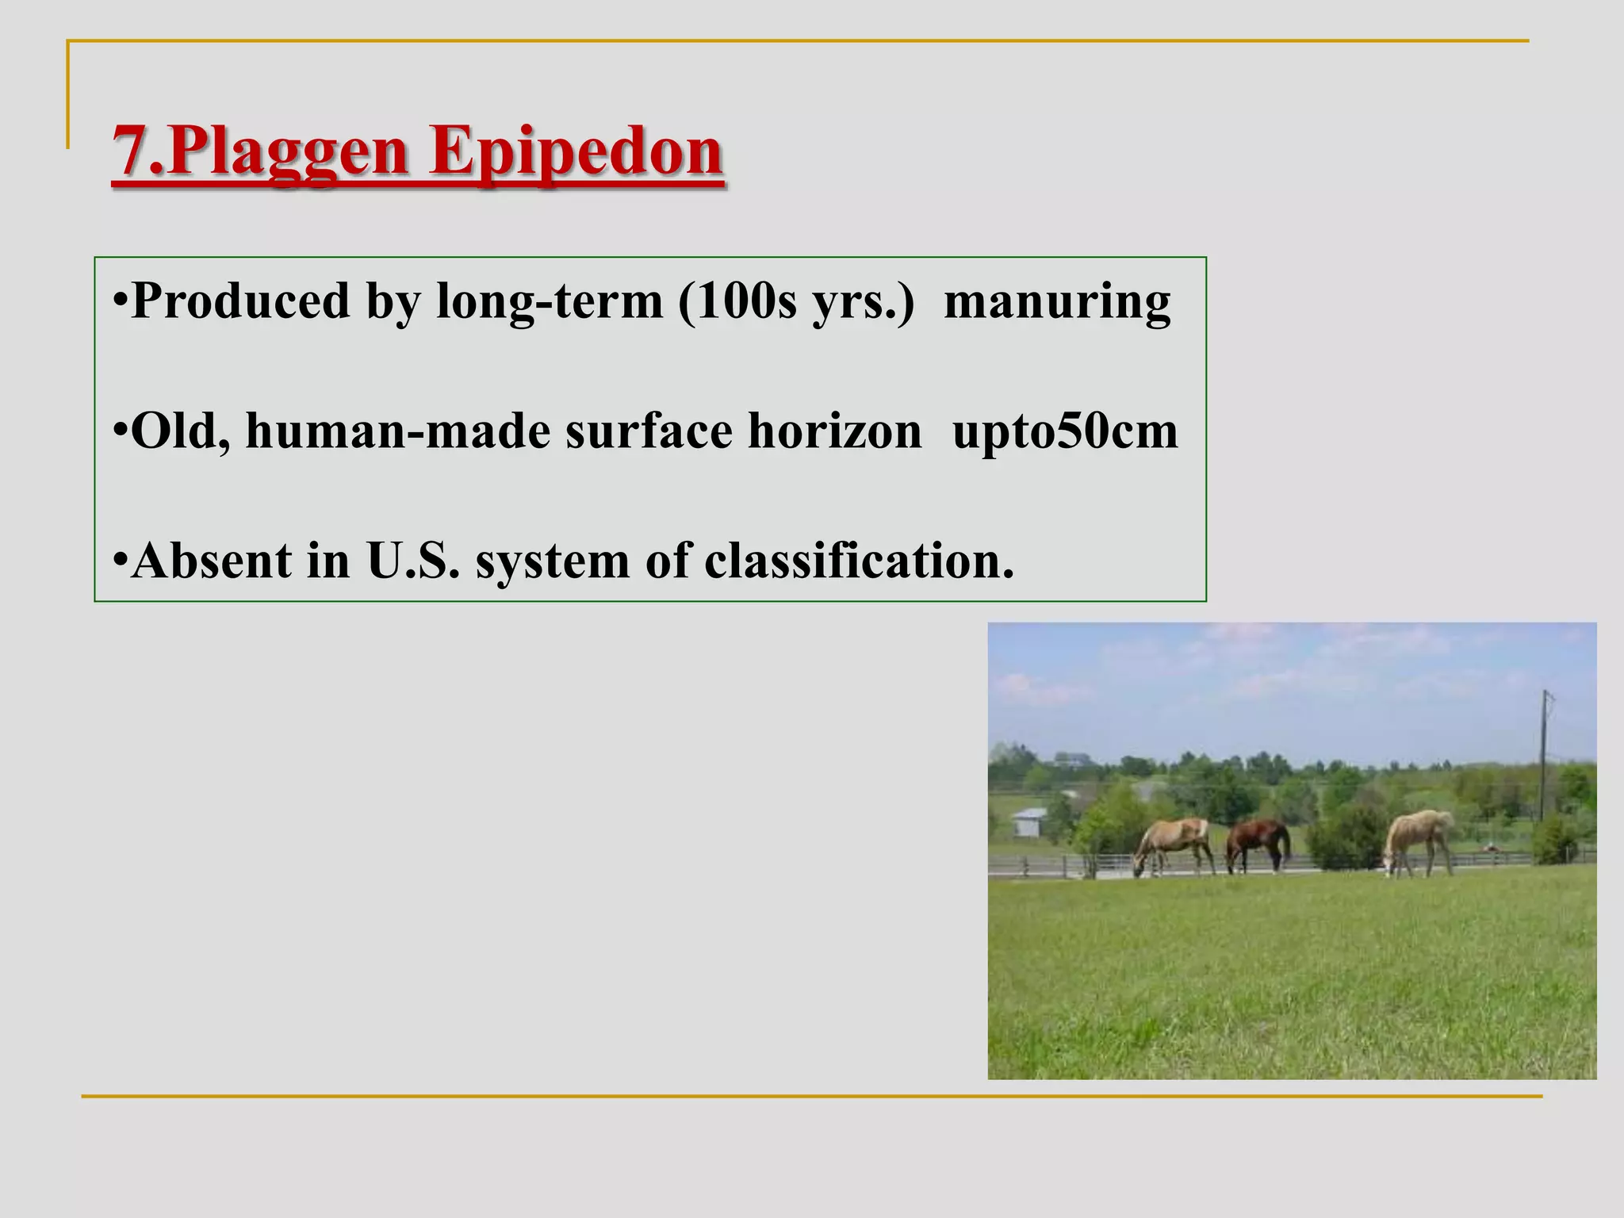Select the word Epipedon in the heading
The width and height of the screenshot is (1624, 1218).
pyautogui.click(x=576, y=152)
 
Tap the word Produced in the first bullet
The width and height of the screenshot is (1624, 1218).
pyautogui.click(x=240, y=301)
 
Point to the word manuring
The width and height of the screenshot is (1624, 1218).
pyautogui.click(x=1057, y=301)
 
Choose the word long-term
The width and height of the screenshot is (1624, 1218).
pyautogui.click(x=550, y=301)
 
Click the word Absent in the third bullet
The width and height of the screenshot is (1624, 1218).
pyautogui.click(x=212, y=561)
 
